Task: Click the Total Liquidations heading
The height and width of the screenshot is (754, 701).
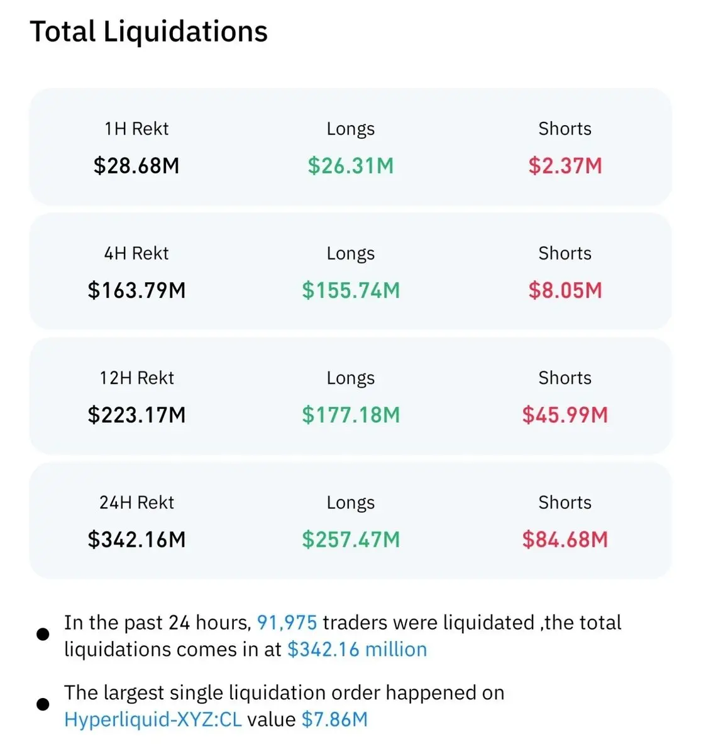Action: tap(149, 33)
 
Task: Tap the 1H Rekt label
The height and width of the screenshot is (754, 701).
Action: tap(136, 129)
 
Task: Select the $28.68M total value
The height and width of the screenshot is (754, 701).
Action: tap(136, 165)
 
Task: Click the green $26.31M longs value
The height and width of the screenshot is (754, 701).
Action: tap(351, 165)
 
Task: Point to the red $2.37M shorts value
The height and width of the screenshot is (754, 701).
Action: tap(565, 165)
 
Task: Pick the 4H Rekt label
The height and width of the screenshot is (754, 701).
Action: tap(136, 253)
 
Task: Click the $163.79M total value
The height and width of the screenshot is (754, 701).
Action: tap(136, 290)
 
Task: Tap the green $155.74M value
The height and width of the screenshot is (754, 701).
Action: tap(351, 290)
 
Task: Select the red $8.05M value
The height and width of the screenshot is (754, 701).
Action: tap(565, 290)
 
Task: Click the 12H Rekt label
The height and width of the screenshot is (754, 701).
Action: tap(136, 378)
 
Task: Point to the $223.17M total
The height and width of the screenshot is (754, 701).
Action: tap(136, 415)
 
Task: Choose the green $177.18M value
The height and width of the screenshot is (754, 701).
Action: tap(351, 415)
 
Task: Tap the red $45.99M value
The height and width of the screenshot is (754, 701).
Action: tap(565, 415)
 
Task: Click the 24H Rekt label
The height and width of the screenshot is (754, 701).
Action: tap(136, 502)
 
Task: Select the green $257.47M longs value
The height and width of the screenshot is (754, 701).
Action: tap(351, 539)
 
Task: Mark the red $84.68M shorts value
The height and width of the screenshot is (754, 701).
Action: tap(565, 539)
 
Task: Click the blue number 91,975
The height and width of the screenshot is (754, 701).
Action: tap(287, 623)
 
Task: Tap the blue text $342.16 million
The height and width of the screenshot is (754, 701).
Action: tap(357, 649)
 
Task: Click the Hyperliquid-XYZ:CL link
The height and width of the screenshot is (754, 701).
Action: tap(153, 720)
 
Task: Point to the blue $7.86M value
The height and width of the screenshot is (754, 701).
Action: tap(334, 719)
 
